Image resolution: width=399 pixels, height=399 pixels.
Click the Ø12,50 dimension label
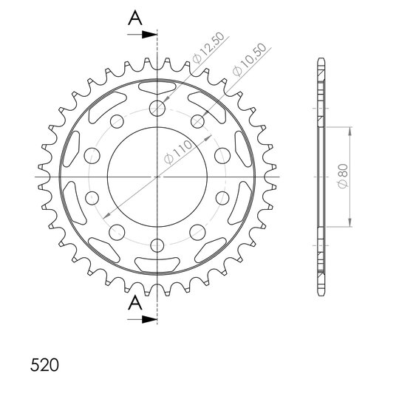[x=208, y=47]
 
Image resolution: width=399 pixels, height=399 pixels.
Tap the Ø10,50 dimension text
[x=250, y=60]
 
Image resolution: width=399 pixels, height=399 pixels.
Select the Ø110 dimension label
[x=178, y=152]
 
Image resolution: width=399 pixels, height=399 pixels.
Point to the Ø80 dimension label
[x=344, y=176]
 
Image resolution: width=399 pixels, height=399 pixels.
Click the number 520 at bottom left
[x=44, y=365]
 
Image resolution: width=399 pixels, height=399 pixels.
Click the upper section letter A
[x=135, y=18]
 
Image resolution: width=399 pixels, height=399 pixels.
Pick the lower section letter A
[x=135, y=303]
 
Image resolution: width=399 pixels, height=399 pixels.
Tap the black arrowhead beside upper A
[x=149, y=35]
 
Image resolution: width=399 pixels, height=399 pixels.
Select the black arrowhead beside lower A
[x=149, y=320]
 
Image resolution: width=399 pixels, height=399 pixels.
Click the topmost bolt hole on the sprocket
[x=157, y=108]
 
